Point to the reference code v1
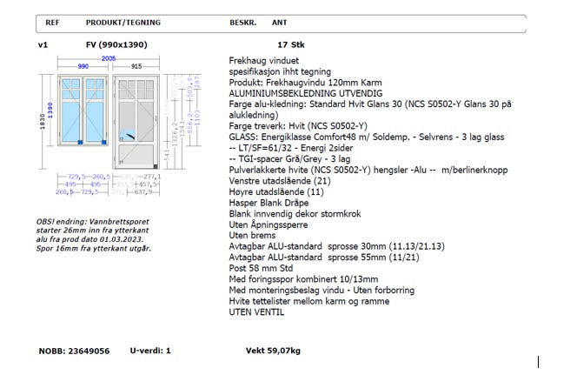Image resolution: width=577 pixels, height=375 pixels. [43, 44]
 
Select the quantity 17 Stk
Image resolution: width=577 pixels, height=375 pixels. [291, 44]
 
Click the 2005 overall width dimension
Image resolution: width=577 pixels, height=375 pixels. [109, 58]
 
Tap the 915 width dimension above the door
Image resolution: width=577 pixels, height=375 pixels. [136, 66]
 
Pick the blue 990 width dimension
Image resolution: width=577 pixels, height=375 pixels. [83, 66]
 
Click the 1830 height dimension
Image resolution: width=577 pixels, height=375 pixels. [42, 122]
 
